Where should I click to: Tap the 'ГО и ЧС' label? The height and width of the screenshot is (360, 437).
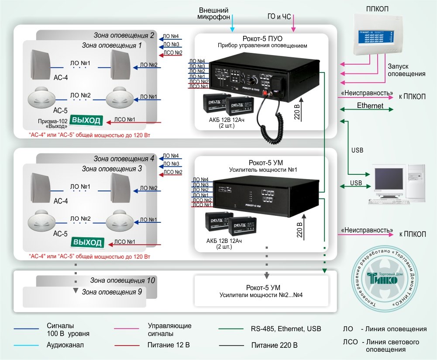coord(279,17)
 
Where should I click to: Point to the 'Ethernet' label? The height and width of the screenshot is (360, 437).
coord(370,106)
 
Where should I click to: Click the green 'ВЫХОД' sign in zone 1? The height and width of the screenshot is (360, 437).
coord(86,120)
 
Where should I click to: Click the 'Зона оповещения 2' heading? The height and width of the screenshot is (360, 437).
coord(124,35)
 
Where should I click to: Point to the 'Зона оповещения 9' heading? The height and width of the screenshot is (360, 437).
coord(112,291)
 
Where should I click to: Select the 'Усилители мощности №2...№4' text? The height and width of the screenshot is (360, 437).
coord(262,295)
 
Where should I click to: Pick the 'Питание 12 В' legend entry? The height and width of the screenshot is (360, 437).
coord(169,345)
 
